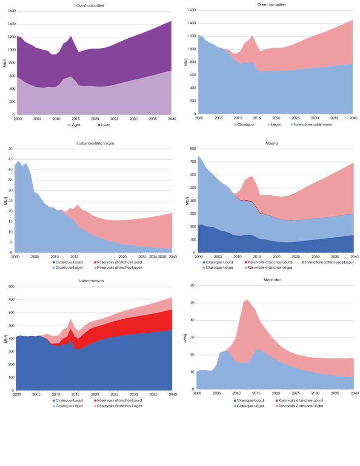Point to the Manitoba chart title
pyautogui.click(x=275, y=280)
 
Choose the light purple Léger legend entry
pyautogui.click(x=75, y=125)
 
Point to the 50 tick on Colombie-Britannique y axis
pyautogui.click(x=11, y=149)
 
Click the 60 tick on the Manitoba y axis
pyautogui.click(x=192, y=286)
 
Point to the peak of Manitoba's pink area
pyautogui.click(x=248, y=300)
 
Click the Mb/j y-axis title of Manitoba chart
pyautogui.click(x=186, y=338)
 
